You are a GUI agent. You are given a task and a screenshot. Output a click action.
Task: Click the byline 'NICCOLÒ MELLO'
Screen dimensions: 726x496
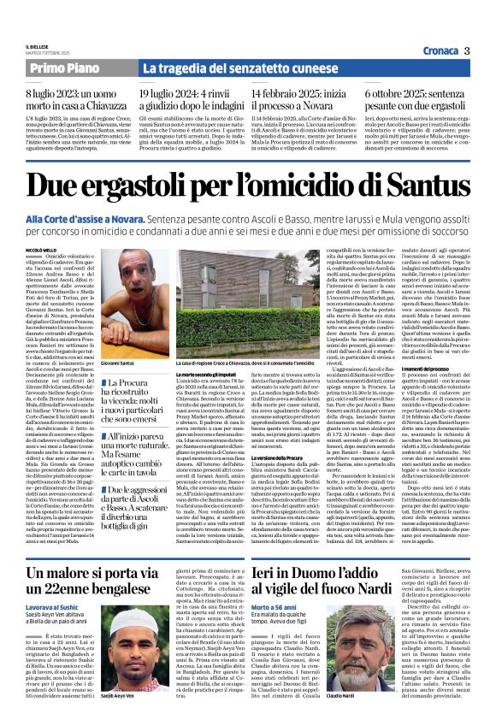pyautogui.click(x=43, y=250)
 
